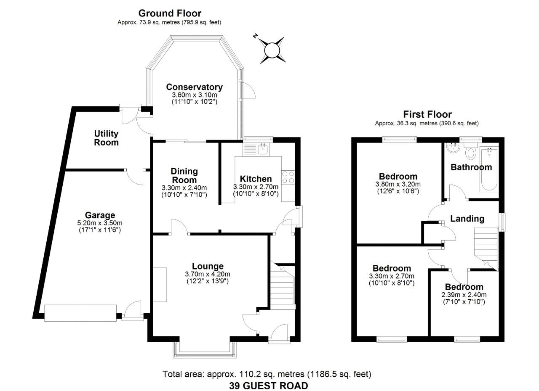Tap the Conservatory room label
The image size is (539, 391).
(x=194, y=87)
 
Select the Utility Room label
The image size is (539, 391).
(x=106, y=138)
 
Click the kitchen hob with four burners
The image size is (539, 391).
(x=288, y=177)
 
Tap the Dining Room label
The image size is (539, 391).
(x=184, y=175)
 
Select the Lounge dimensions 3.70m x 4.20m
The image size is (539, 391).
(x=207, y=274)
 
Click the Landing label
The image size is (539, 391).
(x=467, y=219)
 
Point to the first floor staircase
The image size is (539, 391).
(x=486, y=248)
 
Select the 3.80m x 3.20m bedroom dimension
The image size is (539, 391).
(x=398, y=184)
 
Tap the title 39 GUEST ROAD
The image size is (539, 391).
(x=268, y=386)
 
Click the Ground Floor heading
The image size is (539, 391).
(x=170, y=13)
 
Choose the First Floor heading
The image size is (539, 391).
(x=427, y=114)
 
